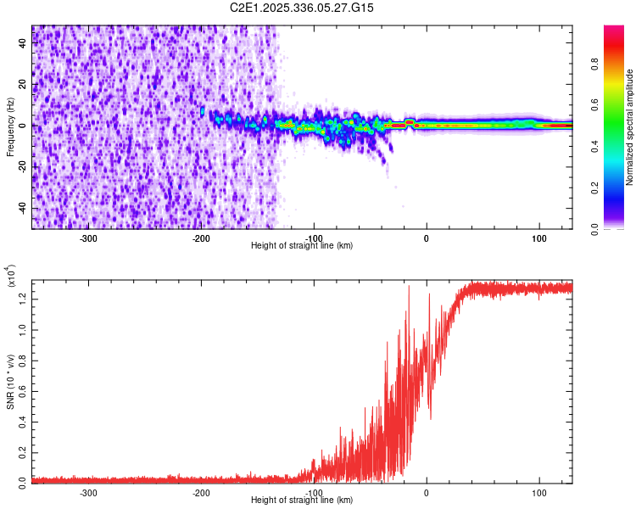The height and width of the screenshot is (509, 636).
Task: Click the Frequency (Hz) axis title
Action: coord(10,126)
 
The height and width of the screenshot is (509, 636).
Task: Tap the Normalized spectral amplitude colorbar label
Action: coord(630,126)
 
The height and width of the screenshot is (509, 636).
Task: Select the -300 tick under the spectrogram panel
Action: coord(89,237)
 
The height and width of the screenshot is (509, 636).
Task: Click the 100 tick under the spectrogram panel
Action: coord(538,237)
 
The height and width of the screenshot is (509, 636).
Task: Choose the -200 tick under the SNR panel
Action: coord(201,492)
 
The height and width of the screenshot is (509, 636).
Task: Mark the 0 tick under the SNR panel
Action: coord(427,492)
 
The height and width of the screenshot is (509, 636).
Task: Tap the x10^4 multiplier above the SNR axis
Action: coord(10,277)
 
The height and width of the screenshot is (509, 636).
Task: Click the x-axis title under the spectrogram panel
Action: coord(303,246)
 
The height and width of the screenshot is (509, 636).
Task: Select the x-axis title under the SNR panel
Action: coord(303,501)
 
